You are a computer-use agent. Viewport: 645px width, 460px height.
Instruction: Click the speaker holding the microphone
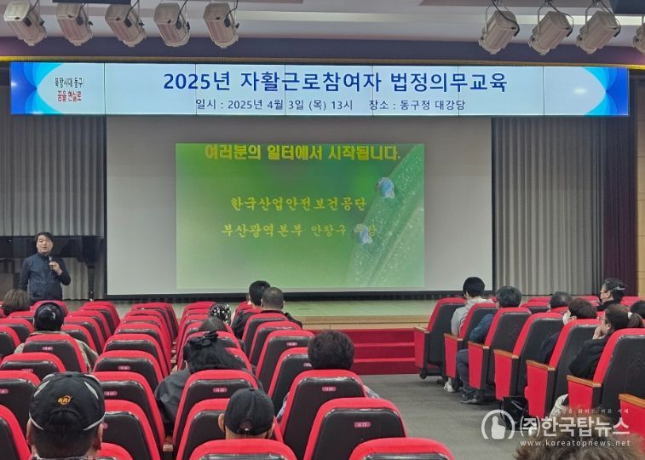pos(43,268)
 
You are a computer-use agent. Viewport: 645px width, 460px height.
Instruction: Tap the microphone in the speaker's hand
pos(50,259)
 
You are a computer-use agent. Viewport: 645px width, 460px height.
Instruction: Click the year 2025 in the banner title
pos(186,82)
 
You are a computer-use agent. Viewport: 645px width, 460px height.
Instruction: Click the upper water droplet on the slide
pos(386,187)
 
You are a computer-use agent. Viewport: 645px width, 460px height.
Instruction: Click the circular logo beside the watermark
pos(498,424)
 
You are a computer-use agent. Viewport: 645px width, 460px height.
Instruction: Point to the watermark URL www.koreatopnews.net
pos(573,442)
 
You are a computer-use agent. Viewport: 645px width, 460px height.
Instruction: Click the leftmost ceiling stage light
pos(26,23)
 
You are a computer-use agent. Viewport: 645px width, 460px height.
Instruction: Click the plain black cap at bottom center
pos(249,411)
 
